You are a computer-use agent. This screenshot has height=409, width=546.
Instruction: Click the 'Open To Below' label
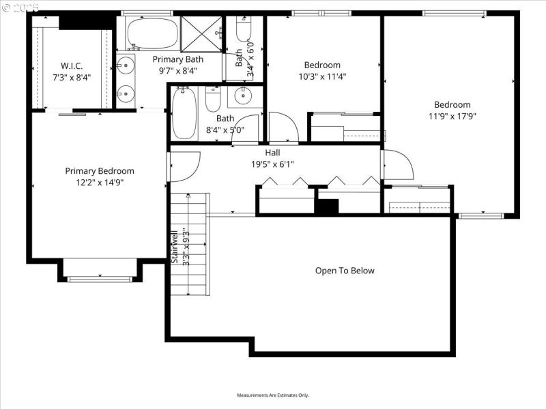click(345, 271)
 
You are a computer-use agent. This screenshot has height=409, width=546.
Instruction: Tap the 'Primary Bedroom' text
click(100, 171)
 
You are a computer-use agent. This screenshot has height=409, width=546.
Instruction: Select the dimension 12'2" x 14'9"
click(100, 182)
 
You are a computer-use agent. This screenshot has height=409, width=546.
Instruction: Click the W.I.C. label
click(72, 66)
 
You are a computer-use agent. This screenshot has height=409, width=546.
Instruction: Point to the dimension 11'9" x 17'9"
click(452, 116)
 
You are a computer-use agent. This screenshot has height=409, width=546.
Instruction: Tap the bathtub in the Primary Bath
click(152, 33)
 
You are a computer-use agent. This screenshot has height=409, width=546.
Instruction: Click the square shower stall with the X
click(202, 33)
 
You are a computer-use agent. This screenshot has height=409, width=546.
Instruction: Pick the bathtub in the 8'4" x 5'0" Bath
click(184, 113)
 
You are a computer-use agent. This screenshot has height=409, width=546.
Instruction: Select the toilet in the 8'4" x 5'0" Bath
click(213, 100)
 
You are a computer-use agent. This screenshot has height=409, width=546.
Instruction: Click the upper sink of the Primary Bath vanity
click(124, 66)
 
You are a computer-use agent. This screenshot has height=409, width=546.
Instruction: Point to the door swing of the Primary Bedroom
click(182, 166)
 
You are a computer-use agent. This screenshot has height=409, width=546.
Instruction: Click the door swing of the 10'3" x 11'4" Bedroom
click(282, 127)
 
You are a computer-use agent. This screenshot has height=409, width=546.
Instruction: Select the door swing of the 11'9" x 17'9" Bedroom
click(397, 166)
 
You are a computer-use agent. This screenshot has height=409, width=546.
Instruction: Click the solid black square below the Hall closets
click(328, 207)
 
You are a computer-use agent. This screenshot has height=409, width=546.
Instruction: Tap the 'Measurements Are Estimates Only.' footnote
click(273, 395)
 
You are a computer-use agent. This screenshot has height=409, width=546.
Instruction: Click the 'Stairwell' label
click(175, 246)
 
